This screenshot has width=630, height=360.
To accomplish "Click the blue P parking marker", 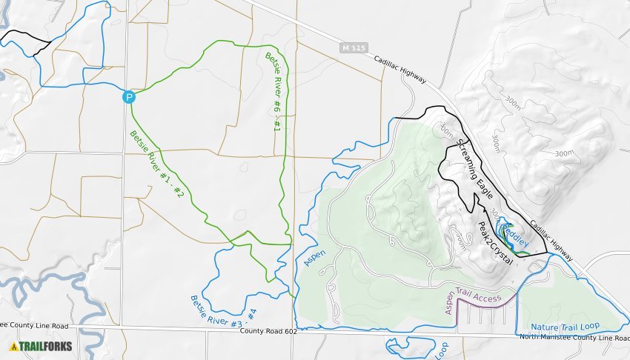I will pos(129,96).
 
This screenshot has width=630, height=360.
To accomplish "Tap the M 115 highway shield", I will pos(355,48).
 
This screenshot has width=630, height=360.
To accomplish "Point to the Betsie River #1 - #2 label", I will pos(156,164).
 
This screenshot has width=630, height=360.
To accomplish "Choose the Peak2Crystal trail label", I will pos(495,243).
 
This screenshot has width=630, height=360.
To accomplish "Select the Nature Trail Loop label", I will pos(565,327).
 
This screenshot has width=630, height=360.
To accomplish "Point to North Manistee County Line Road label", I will pos(574,338).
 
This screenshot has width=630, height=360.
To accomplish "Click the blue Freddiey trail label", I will pos(517,233).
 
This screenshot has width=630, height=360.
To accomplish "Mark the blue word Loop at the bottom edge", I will pos(442,351).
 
